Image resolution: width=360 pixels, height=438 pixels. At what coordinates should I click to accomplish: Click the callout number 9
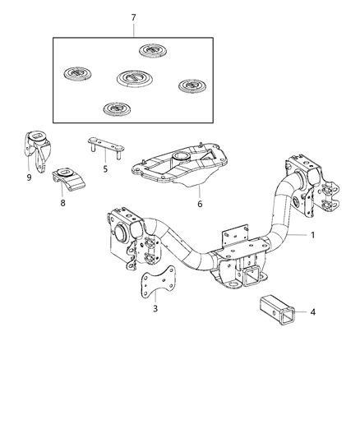(x=28, y=176)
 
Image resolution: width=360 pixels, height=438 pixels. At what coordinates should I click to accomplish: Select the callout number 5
(x=104, y=169)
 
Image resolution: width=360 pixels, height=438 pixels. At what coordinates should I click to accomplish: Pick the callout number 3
(x=155, y=309)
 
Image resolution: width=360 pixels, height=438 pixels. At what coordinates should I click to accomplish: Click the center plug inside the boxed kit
(x=133, y=79)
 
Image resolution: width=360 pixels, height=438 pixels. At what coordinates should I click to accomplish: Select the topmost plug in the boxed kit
(x=152, y=51)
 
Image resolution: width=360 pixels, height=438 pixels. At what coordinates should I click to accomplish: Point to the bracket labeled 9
(x=36, y=148)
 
